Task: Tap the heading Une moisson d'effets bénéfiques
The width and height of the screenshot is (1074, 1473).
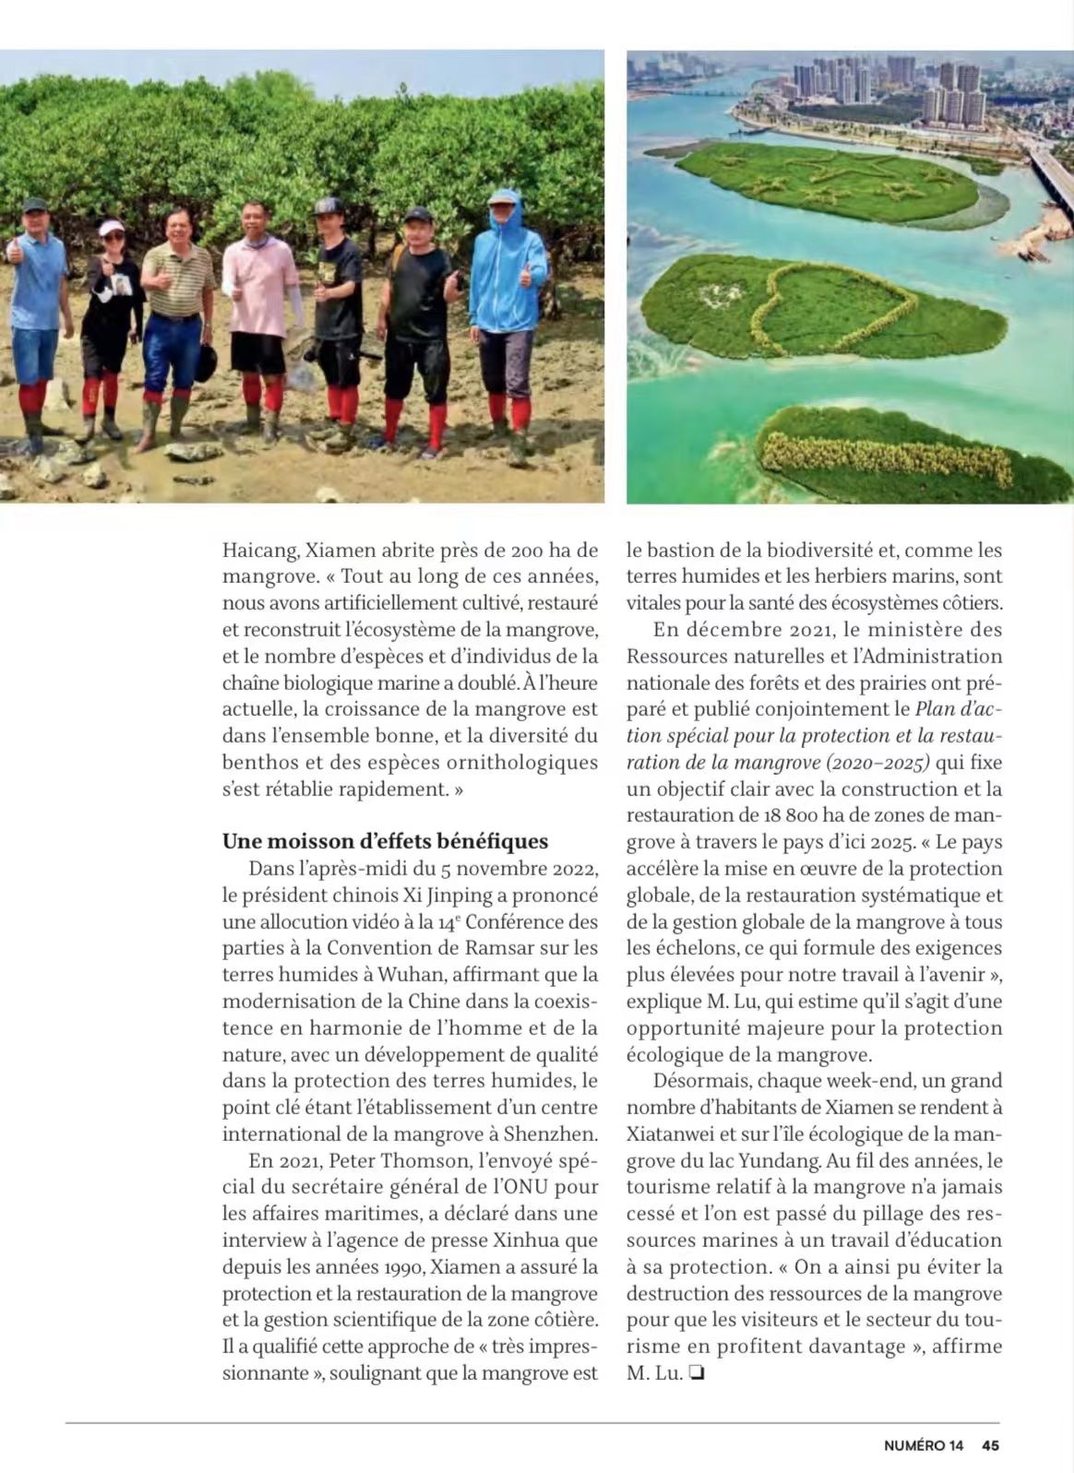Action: (385, 841)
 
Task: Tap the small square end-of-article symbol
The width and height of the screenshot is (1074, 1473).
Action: (698, 1373)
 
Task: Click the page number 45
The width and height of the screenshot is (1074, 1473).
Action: (990, 1445)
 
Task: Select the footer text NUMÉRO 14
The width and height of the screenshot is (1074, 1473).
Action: (923, 1445)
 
